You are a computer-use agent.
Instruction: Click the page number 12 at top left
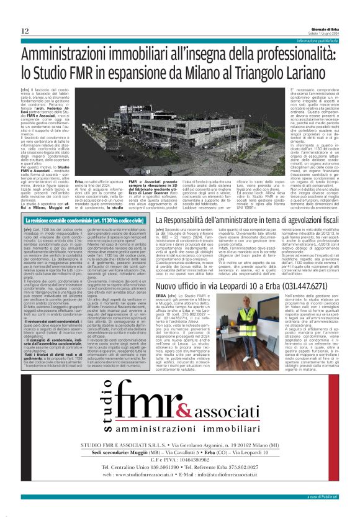click(x=24, y=31)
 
